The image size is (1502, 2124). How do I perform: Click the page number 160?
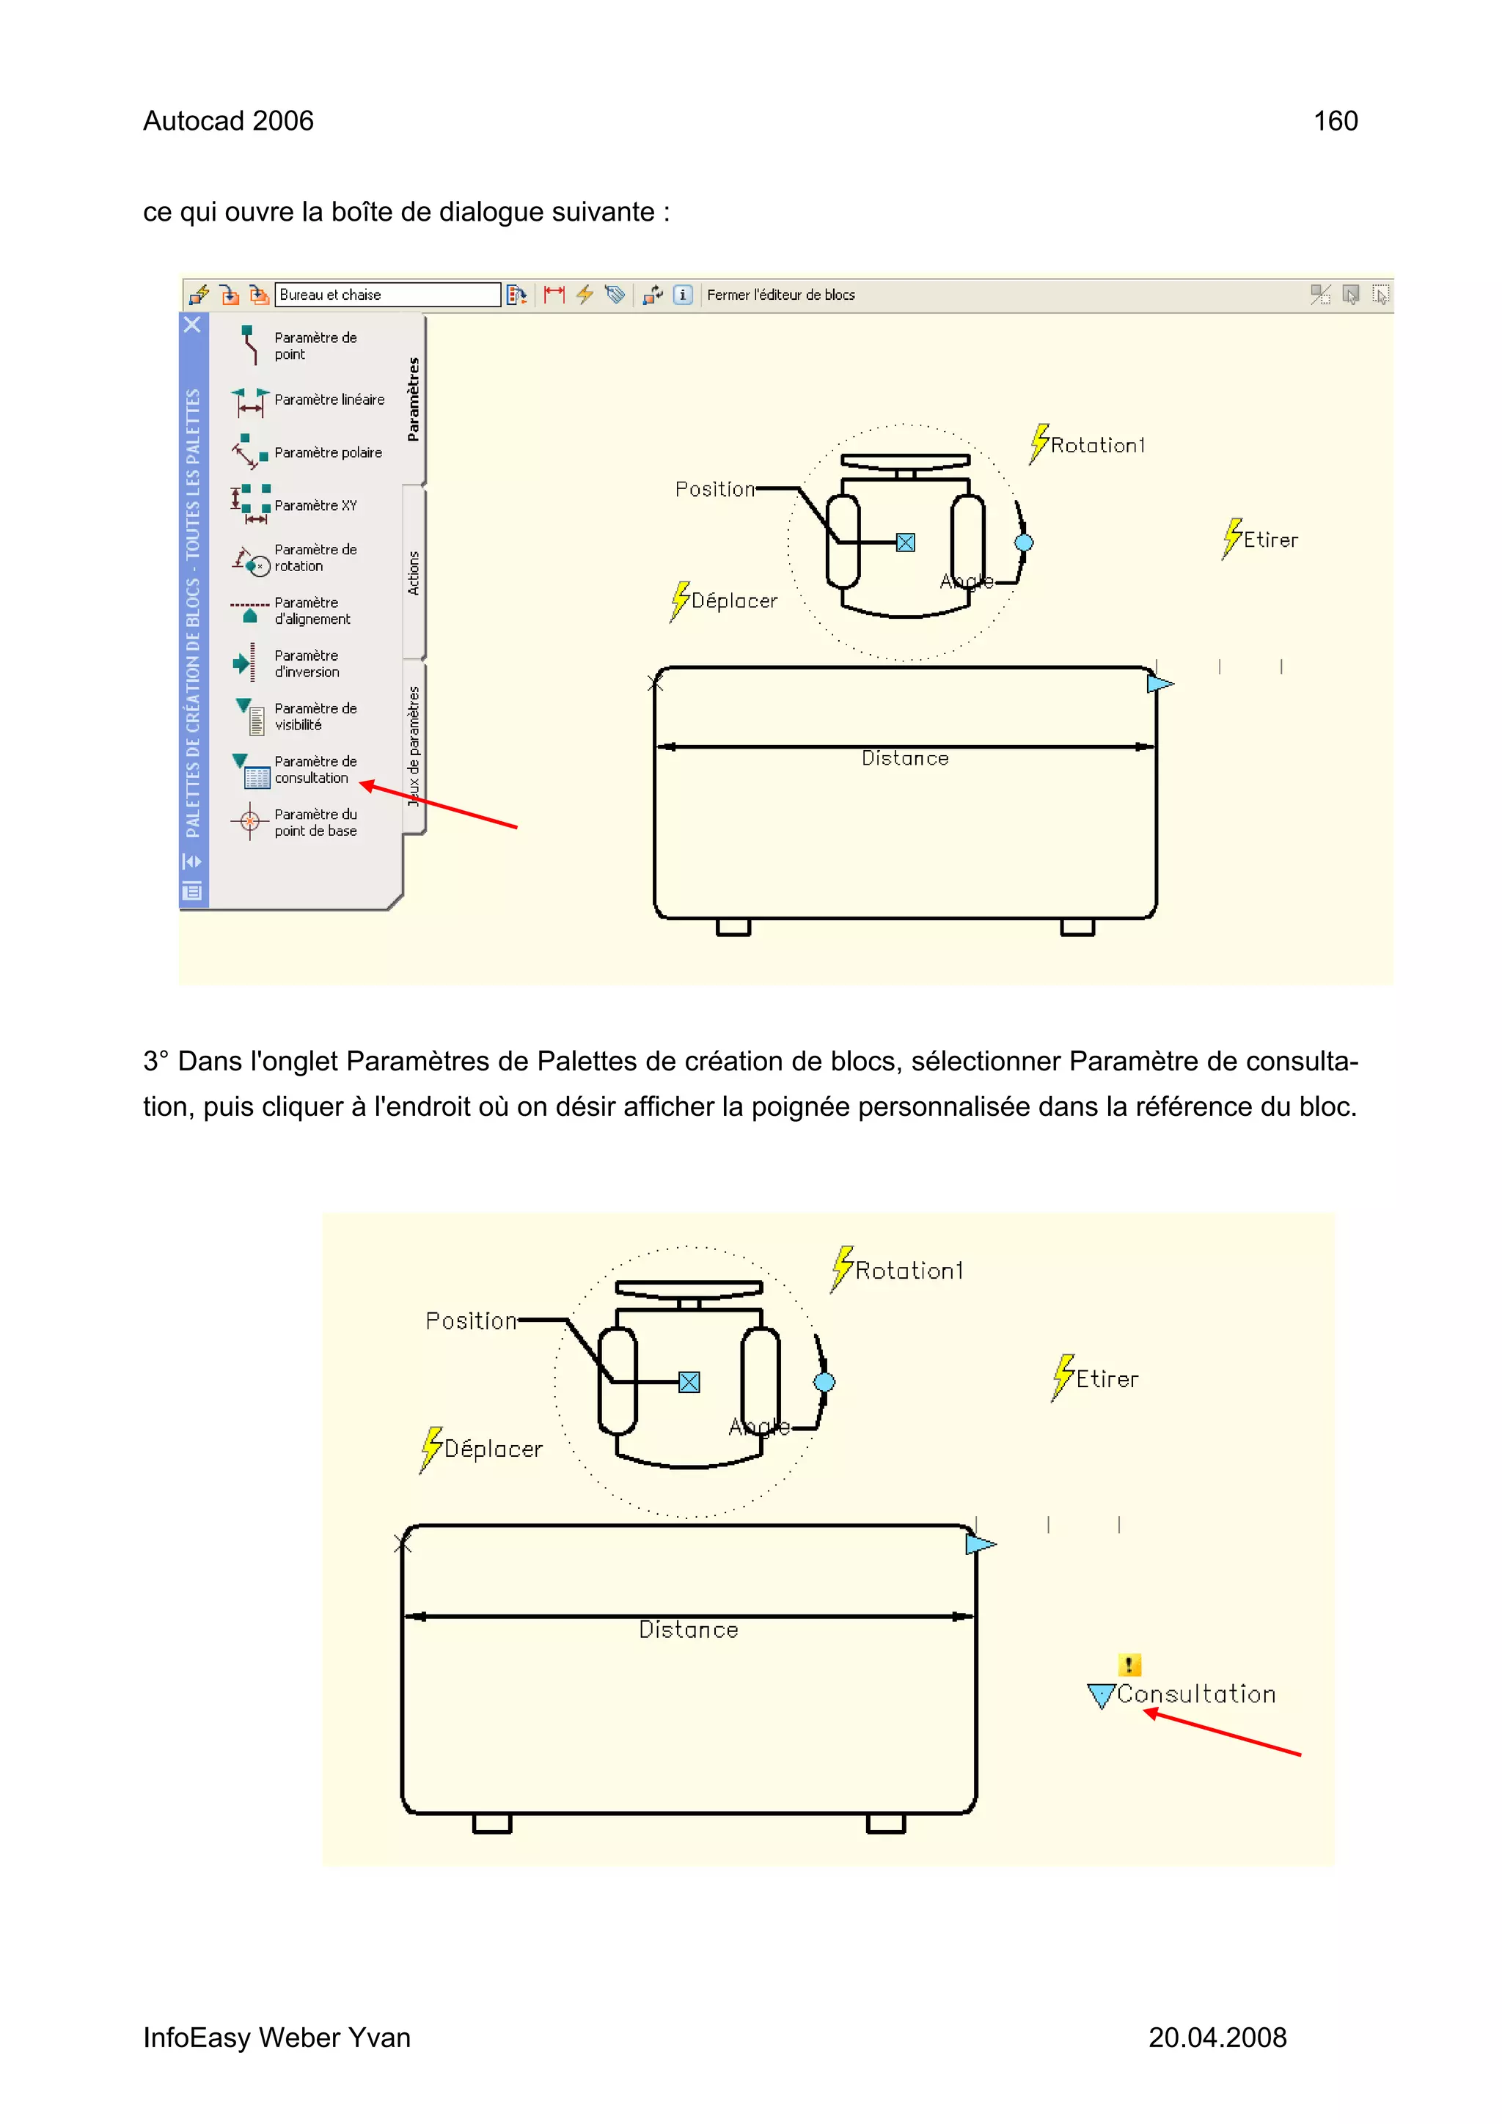tap(1335, 121)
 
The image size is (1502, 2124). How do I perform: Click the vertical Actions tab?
tap(414, 573)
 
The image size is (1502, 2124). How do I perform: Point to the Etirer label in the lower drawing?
tap(1106, 1379)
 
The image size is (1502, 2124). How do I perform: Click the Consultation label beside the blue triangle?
tap(1195, 1695)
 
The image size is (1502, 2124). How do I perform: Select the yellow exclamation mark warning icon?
tap(1128, 1665)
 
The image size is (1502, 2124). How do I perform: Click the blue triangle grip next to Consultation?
tap(1100, 1695)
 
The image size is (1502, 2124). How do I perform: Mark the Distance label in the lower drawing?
tap(689, 1630)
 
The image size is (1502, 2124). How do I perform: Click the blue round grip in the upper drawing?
tap(1024, 543)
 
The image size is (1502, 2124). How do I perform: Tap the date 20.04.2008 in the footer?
tap(1217, 2038)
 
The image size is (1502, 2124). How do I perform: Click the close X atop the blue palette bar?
tap(192, 325)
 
